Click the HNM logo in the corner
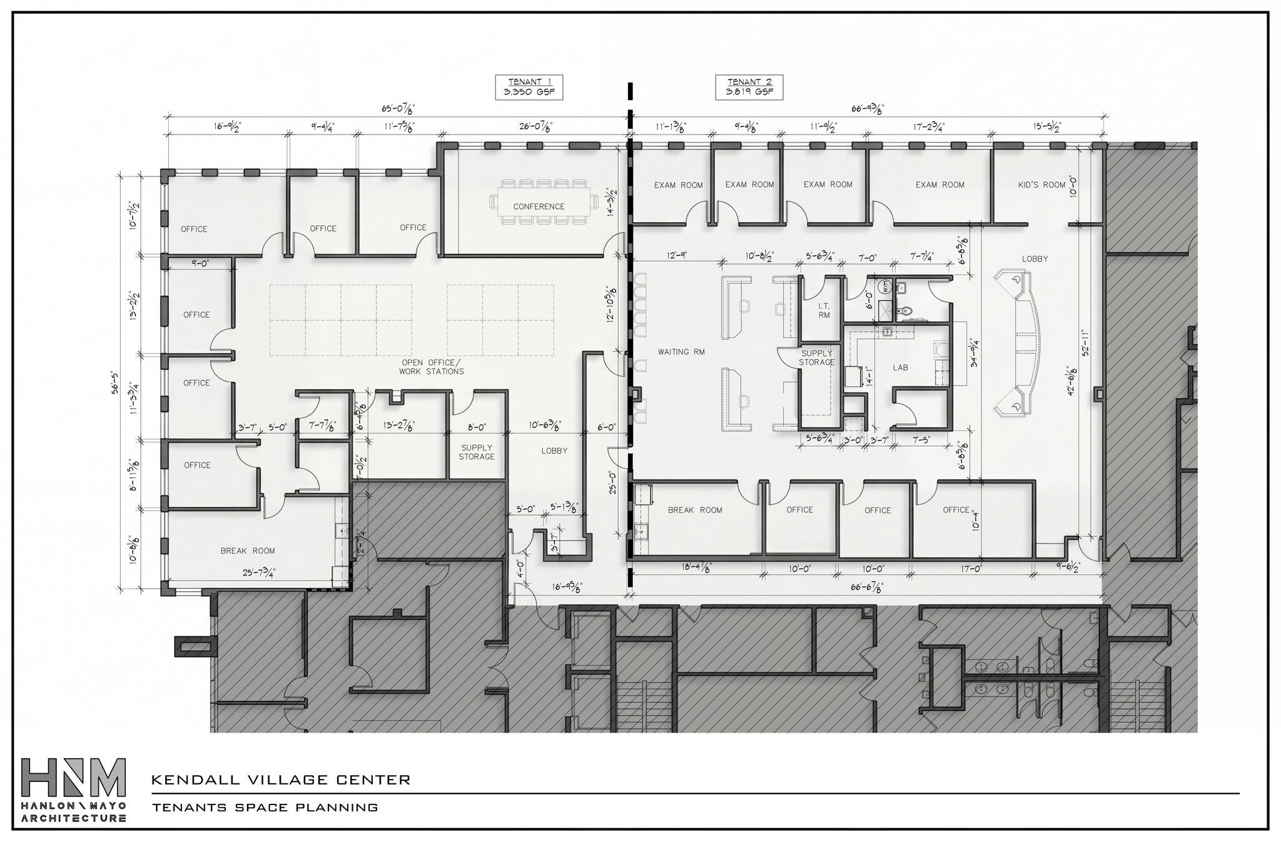[x=73, y=790]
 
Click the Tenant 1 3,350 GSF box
[x=529, y=87]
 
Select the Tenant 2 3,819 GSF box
[x=749, y=87]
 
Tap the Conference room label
[x=539, y=206]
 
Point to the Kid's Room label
[x=1041, y=185]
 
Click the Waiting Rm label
[x=681, y=352]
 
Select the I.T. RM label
[x=824, y=310]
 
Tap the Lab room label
[x=900, y=368]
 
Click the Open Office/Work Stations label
[x=431, y=367]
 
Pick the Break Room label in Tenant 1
[x=248, y=551]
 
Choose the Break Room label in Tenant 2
[x=695, y=511]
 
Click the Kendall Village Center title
[x=281, y=780]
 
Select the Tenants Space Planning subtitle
[x=265, y=807]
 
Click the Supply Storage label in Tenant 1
[x=477, y=452]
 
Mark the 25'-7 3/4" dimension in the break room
[x=258, y=572]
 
